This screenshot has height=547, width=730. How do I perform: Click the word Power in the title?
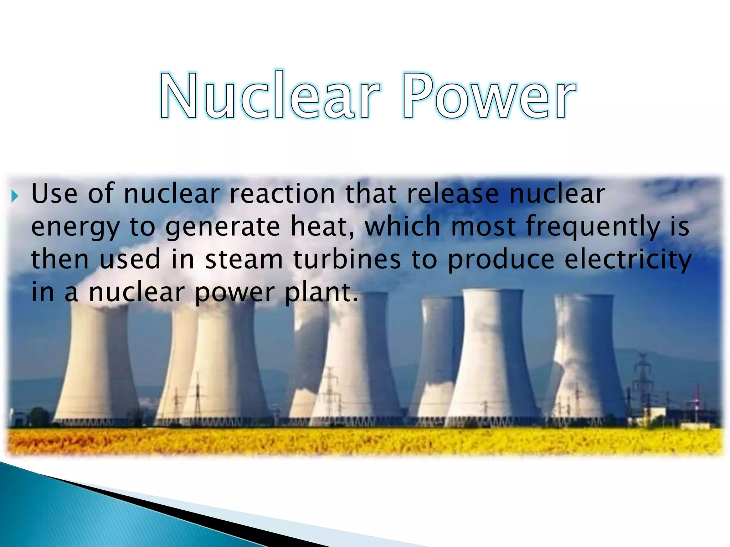pyautogui.click(x=489, y=95)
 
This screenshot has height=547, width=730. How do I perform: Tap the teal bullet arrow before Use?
pyautogui.click(x=14, y=196)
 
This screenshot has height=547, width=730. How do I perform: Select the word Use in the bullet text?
pyautogui.click(x=54, y=194)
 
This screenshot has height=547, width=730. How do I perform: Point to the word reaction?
pyautogui.click(x=282, y=194)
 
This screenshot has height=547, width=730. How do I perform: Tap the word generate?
pyautogui.click(x=223, y=227)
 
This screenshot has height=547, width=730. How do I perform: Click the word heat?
pyautogui.click(x=323, y=226)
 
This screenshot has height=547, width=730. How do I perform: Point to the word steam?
pyautogui.click(x=244, y=259)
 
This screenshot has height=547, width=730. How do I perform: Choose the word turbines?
pyautogui.click(x=347, y=259)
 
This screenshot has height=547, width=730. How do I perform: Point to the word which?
pyautogui.click(x=402, y=226)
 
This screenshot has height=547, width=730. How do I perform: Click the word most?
pyautogui.click(x=483, y=227)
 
